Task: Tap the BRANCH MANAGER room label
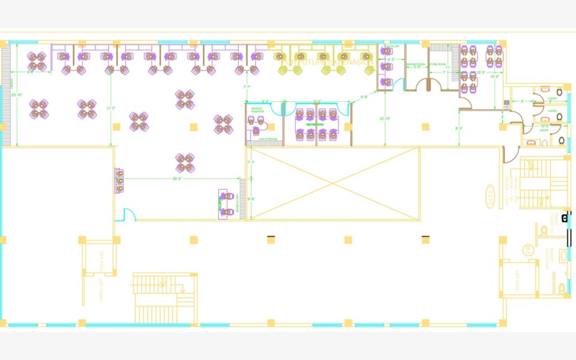tap(257, 110)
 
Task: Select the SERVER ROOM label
tap(415, 64)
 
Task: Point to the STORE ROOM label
tap(437, 64)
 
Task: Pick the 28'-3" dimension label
tap(177, 178)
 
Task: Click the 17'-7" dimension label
tap(110, 109)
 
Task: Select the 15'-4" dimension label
tap(495, 77)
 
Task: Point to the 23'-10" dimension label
tap(17, 95)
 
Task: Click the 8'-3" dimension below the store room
tap(459, 128)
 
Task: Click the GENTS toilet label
tap(544, 130)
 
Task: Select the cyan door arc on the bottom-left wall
tap(127, 214)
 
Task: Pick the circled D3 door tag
tap(527, 249)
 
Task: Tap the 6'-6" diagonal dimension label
tap(364, 97)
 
